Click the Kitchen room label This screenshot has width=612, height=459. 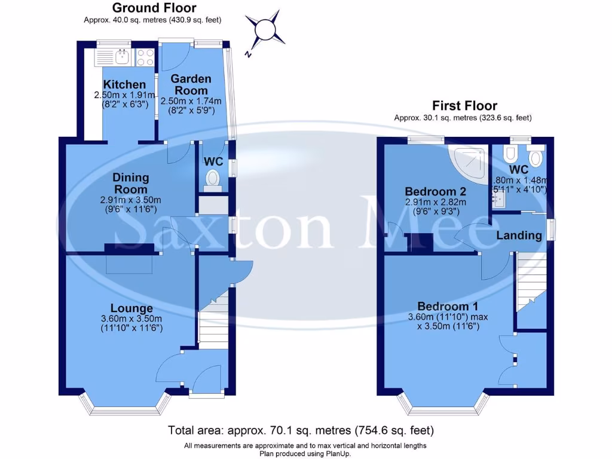pos(124,85)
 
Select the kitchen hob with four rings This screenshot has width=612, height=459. pos(145,57)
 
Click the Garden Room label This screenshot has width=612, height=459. pos(191,84)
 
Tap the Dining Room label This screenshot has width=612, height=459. pos(131,183)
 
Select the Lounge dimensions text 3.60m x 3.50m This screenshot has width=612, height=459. pos(131,319)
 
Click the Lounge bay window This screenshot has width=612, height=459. pos(126,409)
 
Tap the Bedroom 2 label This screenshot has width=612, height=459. pos(435,192)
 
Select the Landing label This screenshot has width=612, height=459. pos(519,235)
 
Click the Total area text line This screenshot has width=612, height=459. pos(301,430)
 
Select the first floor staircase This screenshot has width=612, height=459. pos(531,281)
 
